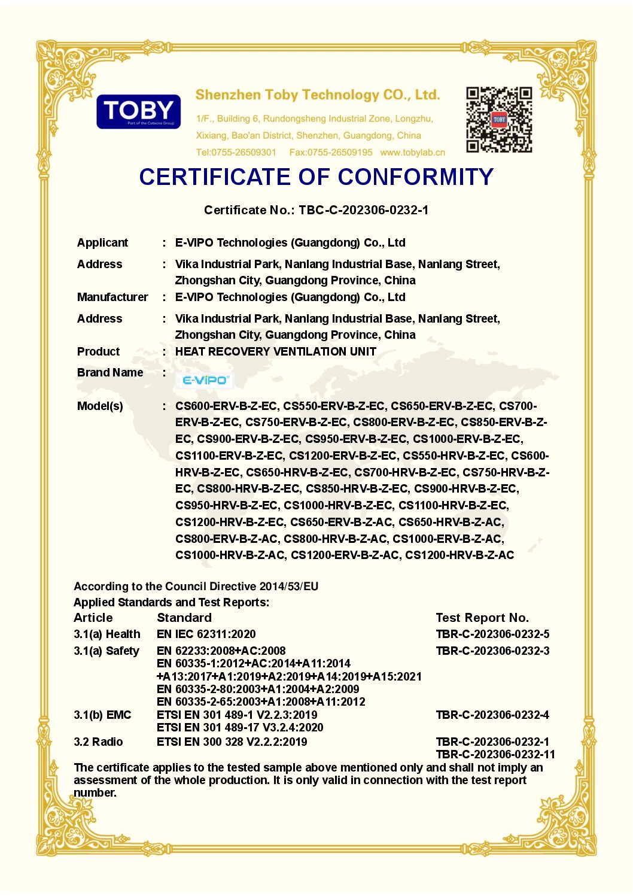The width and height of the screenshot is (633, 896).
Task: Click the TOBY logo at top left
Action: point(138,111)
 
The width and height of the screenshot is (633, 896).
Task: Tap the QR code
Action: point(499,120)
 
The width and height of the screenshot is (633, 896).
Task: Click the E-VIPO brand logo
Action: point(205,380)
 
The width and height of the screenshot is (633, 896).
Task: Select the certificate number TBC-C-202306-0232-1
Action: point(363,210)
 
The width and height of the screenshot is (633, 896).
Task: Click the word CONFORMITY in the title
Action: point(416,177)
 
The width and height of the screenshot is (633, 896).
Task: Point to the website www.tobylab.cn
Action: point(412,153)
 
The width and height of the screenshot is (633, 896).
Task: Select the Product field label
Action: point(98,351)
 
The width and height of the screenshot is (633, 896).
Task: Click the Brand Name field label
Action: point(110,372)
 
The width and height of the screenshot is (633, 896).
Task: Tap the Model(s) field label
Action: point(100,406)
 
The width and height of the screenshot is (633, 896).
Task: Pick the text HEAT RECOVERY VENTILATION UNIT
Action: point(275,351)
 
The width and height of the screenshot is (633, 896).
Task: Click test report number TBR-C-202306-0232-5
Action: point(492,634)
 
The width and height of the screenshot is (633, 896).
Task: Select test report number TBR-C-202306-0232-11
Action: point(495,754)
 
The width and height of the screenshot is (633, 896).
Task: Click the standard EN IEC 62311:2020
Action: point(206,634)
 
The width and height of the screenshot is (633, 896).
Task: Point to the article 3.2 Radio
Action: point(98,742)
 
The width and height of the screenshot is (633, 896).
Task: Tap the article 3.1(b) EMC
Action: point(102,715)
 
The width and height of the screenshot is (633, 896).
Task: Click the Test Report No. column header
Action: point(482,618)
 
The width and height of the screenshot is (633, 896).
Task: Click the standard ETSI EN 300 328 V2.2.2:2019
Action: point(232,742)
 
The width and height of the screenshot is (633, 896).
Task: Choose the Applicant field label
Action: point(102,242)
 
